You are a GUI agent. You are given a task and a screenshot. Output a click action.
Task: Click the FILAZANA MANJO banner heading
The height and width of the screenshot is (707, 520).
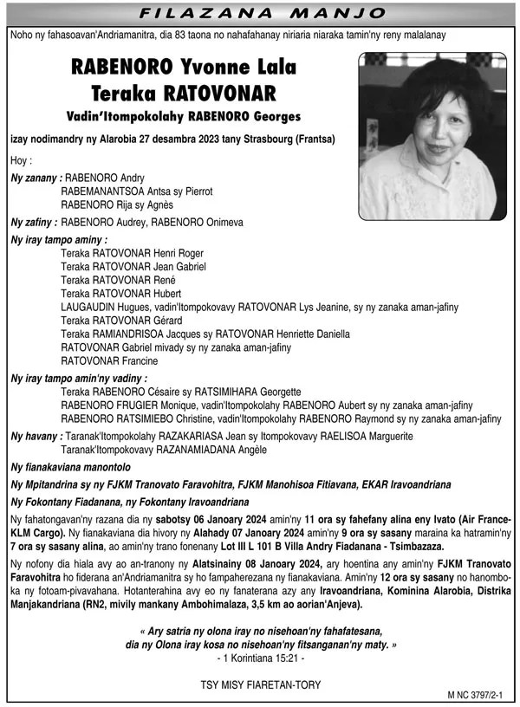click(260, 13)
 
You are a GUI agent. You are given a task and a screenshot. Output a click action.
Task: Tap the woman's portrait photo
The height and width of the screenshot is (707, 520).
click(432, 135)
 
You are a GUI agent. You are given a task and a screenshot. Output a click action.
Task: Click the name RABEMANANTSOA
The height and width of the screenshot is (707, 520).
click(102, 191)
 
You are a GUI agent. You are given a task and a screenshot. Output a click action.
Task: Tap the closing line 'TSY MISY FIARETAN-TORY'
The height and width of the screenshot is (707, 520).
click(260, 685)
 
